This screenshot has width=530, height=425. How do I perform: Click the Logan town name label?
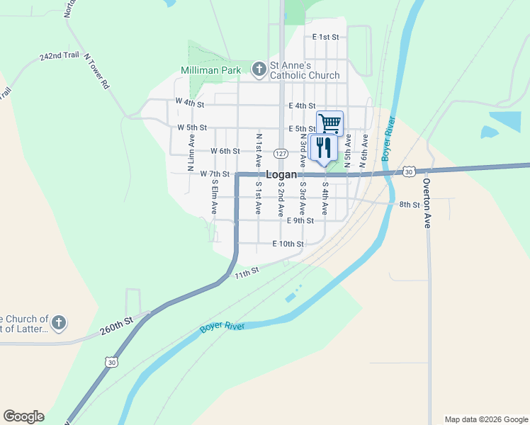coord(281,175)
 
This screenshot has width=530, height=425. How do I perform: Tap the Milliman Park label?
coord(211,69)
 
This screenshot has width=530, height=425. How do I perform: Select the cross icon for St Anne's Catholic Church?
coord(259,69)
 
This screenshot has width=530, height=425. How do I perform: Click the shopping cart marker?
coord(329,123)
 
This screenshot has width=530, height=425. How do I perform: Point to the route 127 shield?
coord(281,154)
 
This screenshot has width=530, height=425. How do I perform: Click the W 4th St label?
coord(190,103)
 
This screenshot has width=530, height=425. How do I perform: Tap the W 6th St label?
coord(225,151)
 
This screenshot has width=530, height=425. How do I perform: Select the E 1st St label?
coord(326,36)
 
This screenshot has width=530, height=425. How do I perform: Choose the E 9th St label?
coord(300,221)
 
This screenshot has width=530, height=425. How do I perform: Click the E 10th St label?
coord(288,244)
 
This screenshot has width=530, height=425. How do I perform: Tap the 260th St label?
coord(117,326)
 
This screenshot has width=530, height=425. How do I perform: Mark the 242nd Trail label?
coord(59,56)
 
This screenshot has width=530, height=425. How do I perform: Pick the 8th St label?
coord(410,205)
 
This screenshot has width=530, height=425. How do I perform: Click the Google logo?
coord(23,416)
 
